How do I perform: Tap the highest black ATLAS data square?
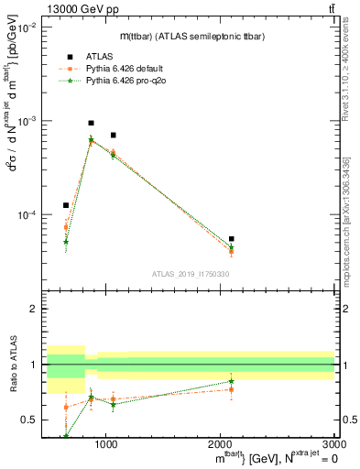coord(91,123)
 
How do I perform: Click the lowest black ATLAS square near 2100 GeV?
coord(232,239)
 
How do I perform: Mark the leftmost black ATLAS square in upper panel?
coord(66,205)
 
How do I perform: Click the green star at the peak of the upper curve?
coord(91,140)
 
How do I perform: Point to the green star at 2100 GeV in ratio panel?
coord(232,381)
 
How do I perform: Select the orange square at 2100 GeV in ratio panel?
coord(232,389)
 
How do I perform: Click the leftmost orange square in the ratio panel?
coord(66,407)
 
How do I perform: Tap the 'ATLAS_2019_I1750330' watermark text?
coord(191,274)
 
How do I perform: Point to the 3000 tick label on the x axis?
coord(334,445)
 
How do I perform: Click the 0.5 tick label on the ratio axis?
coord(30,420)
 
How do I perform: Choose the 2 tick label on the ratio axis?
coord(34,309)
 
